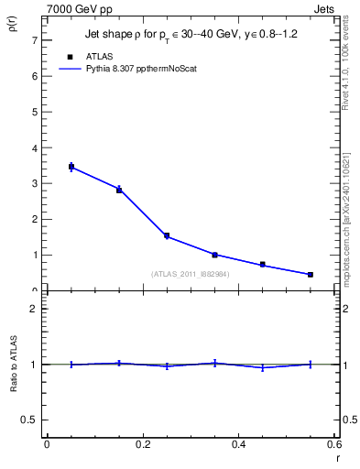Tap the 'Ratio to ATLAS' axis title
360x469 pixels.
14,364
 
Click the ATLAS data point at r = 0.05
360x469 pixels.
71,167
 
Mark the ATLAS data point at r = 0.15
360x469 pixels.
119,190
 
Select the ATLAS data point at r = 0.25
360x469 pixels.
167,235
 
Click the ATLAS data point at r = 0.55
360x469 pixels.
311,275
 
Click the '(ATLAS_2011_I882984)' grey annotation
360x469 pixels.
191,273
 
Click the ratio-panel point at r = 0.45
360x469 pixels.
263,367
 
